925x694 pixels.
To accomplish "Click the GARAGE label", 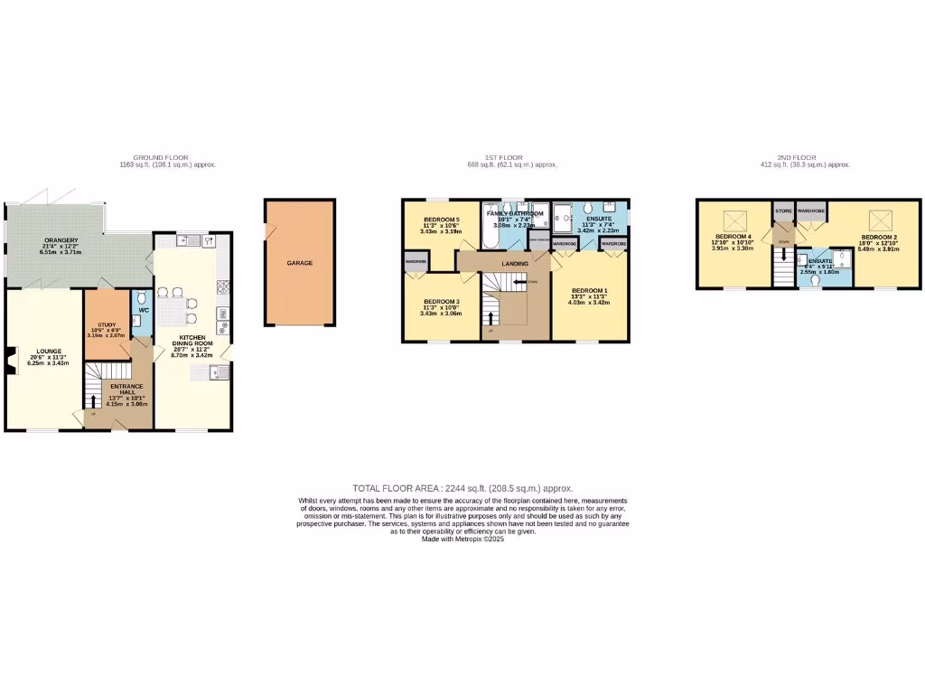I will [x=299, y=263].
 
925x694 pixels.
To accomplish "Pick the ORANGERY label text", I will [x=61, y=239].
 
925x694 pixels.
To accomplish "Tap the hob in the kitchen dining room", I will [x=222, y=286].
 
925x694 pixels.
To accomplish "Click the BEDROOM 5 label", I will [x=442, y=220].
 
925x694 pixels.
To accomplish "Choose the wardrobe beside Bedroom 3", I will [x=416, y=261].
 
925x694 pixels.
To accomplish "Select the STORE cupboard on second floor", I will [x=783, y=211].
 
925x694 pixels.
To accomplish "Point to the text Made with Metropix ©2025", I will [x=462, y=539].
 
